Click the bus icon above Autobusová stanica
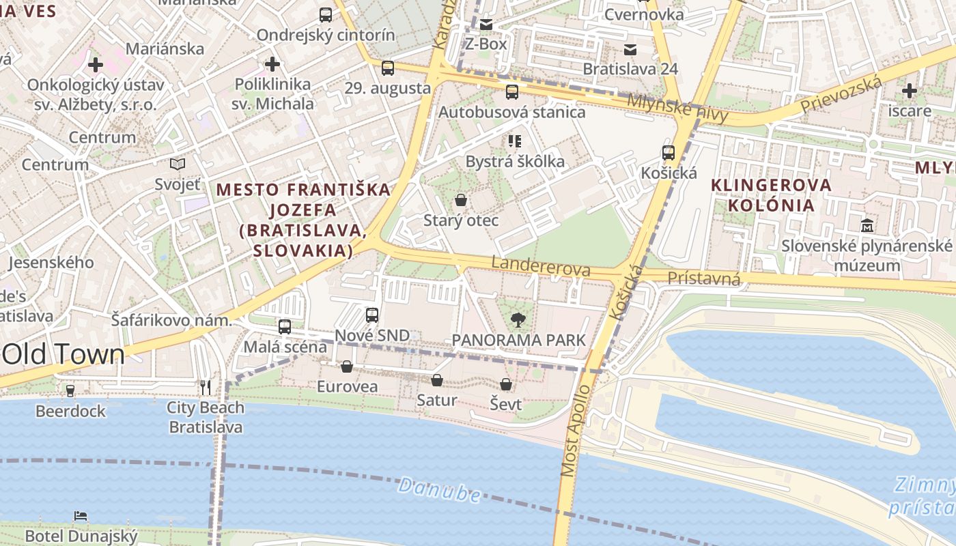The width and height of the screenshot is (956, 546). click(x=511, y=92)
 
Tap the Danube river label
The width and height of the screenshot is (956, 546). click(x=439, y=489)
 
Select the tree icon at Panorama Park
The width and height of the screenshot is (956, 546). click(x=518, y=319)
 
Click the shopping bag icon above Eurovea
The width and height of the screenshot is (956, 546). click(x=347, y=367)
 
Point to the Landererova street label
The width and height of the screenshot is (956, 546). click(x=541, y=266)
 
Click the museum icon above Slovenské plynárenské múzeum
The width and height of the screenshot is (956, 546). click(x=867, y=225)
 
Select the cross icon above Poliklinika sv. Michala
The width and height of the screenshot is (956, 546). click(x=272, y=65)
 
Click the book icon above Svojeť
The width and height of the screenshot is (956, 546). click(x=178, y=164)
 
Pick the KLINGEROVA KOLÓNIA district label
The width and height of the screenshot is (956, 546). click(x=772, y=195)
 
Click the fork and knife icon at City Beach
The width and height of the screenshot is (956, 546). click(x=206, y=388)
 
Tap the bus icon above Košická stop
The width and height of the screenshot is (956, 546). click(x=669, y=153)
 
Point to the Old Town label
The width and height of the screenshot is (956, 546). click(x=64, y=354)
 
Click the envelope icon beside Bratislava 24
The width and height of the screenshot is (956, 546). click(x=630, y=49)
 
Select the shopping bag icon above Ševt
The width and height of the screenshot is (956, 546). click(x=506, y=384)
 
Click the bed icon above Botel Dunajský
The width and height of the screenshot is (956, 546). click(x=81, y=516)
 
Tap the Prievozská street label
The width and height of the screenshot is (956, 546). click(x=841, y=96)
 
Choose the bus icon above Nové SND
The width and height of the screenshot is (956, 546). click(x=372, y=315)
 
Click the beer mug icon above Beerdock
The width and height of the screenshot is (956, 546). click(x=70, y=391)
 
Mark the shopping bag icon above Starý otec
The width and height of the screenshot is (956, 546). click(x=461, y=200)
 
